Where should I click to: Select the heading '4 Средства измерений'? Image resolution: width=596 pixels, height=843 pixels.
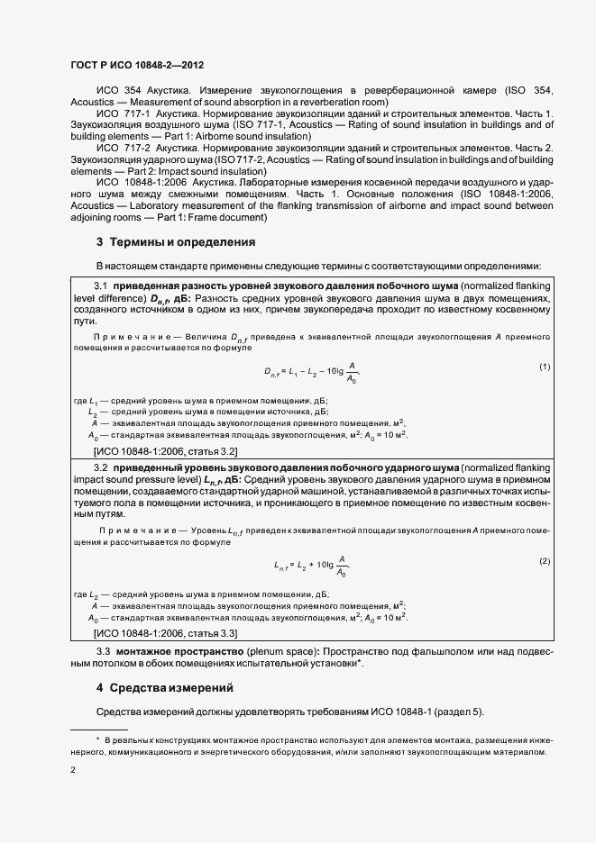(164, 688)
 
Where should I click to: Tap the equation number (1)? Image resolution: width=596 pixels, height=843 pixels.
(545, 367)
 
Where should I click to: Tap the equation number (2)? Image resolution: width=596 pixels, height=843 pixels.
(545, 561)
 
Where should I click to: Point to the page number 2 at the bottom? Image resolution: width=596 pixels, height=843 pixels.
(73, 770)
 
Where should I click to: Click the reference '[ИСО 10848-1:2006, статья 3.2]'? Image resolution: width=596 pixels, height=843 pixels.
(165, 449)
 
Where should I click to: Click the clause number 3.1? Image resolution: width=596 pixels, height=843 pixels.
(101, 286)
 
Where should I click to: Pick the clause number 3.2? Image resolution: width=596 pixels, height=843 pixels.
(101, 469)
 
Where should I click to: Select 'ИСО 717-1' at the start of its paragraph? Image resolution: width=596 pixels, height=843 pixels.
(119, 114)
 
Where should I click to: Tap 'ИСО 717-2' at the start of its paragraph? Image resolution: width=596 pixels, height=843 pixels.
(119, 147)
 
